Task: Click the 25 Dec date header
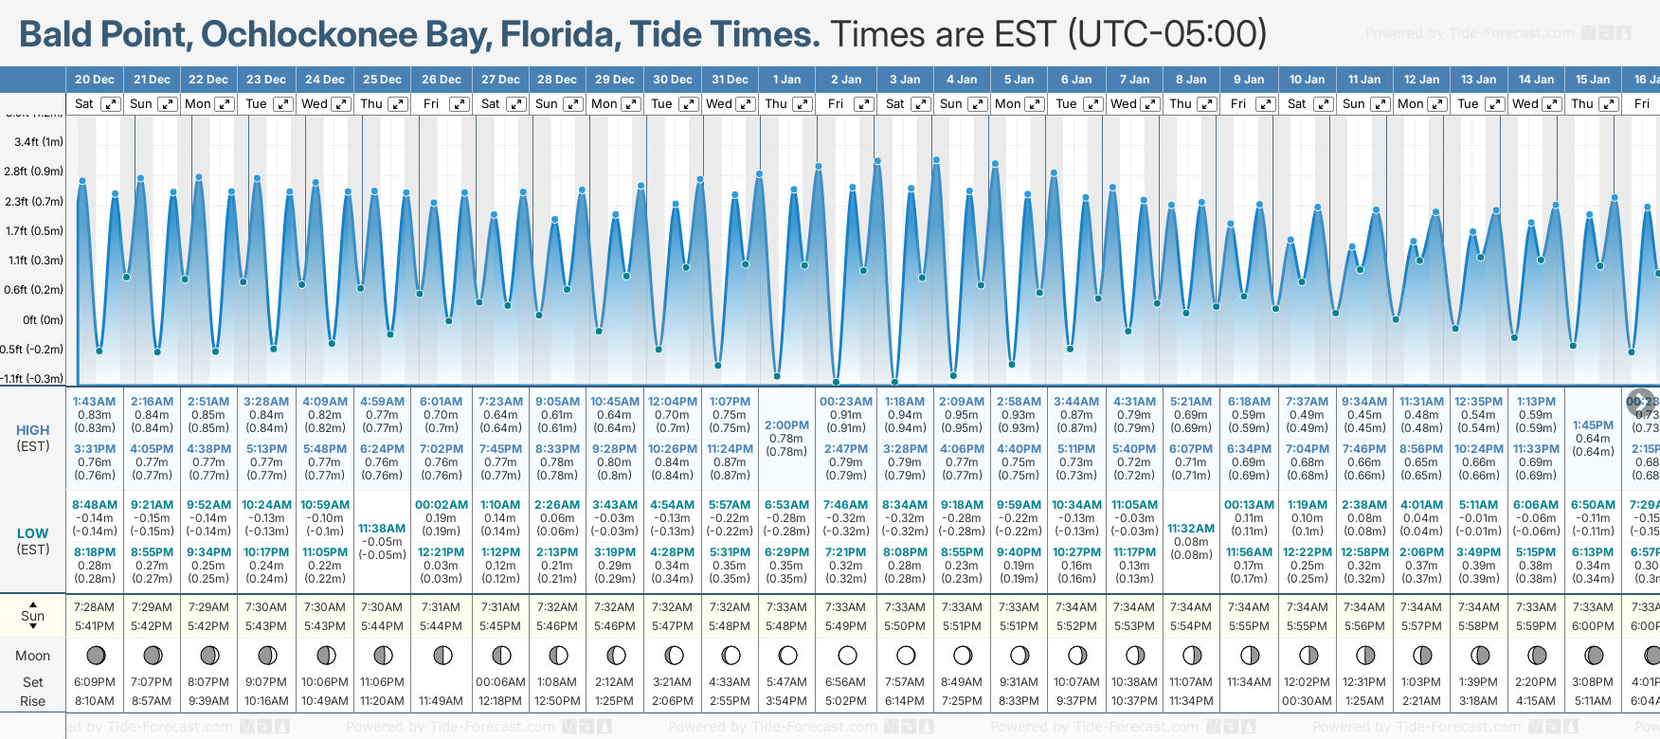(x=382, y=80)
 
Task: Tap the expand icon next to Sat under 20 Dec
(x=111, y=104)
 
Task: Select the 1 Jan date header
(x=786, y=80)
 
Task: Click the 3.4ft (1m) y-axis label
(x=39, y=142)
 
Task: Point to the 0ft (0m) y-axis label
(x=43, y=320)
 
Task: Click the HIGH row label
(x=33, y=430)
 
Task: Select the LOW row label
(x=33, y=533)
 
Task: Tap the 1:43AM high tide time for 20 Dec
(x=94, y=402)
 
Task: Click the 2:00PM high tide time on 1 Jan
(x=786, y=425)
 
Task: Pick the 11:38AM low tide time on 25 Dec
(x=382, y=529)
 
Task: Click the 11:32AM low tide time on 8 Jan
(x=1191, y=529)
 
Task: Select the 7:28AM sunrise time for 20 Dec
(x=94, y=607)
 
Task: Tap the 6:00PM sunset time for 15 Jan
(x=1593, y=626)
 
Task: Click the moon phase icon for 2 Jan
(x=847, y=655)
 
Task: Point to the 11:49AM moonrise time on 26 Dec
(x=441, y=701)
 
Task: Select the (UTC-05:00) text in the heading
(x=1167, y=34)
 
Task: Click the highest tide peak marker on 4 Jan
(x=936, y=160)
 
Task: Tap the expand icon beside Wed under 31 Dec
(x=746, y=104)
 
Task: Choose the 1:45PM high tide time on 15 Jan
(x=1593, y=425)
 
